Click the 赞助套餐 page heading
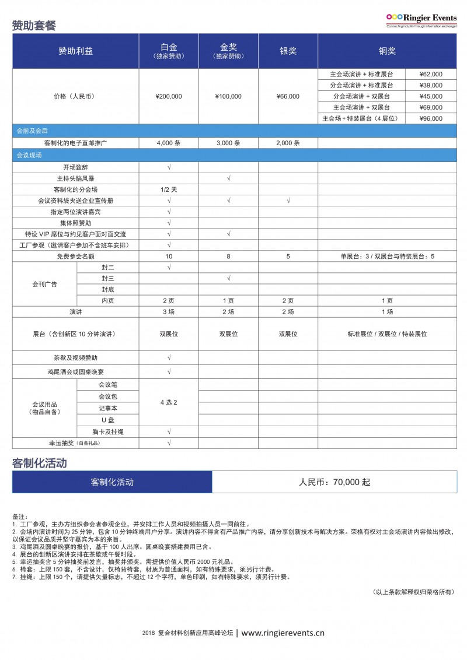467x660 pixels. click(34, 26)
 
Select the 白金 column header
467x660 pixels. click(169, 51)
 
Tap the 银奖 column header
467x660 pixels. click(288, 51)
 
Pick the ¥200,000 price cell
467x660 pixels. click(169, 96)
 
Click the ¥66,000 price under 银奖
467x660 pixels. click(288, 96)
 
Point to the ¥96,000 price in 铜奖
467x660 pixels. click(431, 118)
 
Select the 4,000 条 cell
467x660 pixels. click(169, 143)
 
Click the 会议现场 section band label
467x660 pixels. click(29, 155)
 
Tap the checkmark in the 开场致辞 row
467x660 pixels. click(169, 167)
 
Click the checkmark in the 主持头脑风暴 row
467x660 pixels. click(228, 178)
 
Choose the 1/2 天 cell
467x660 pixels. click(169, 189)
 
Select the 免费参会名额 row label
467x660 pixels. click(75, 256)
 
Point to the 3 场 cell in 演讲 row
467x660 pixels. click(169, 312)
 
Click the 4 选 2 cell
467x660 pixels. click(169, 402)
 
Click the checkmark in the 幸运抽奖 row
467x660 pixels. click(169, 443)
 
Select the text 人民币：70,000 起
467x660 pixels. click(334, 482)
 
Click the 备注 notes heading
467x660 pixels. click(20, 517)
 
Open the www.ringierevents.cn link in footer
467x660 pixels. click(283, 633)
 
